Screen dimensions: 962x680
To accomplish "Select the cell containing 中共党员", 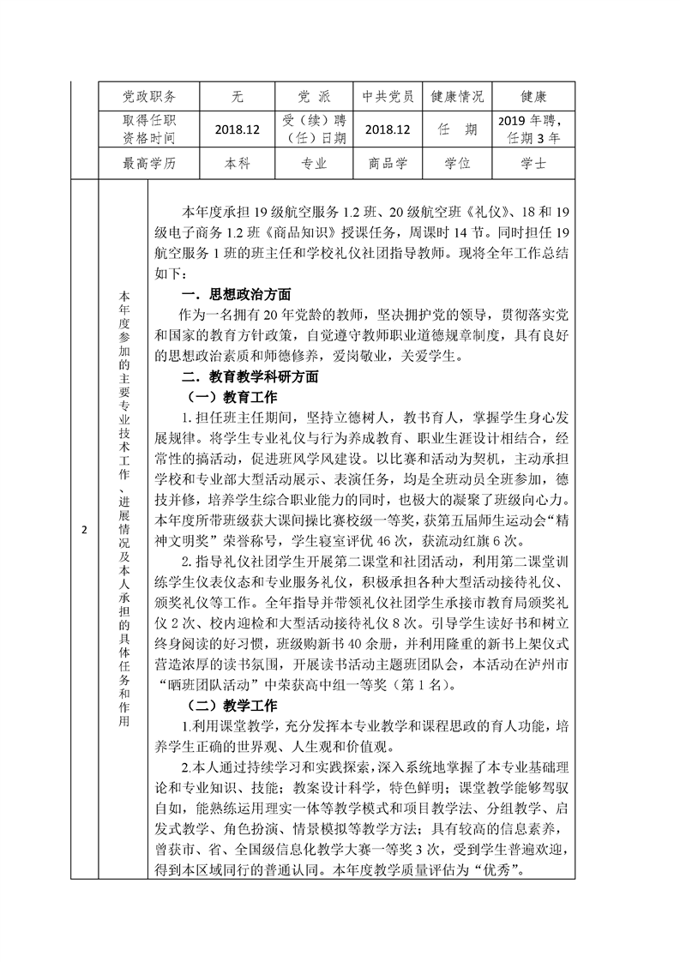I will [x=388, y=96].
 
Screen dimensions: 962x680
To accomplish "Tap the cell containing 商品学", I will [x=388, y=163].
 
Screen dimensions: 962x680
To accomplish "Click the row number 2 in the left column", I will [x=84, y=529].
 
